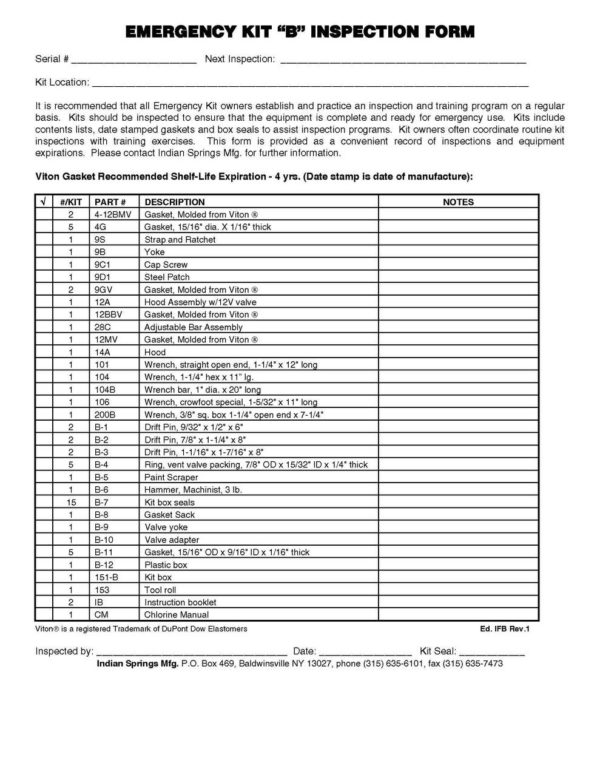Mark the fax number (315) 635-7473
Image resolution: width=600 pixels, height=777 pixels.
click(473, 663)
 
